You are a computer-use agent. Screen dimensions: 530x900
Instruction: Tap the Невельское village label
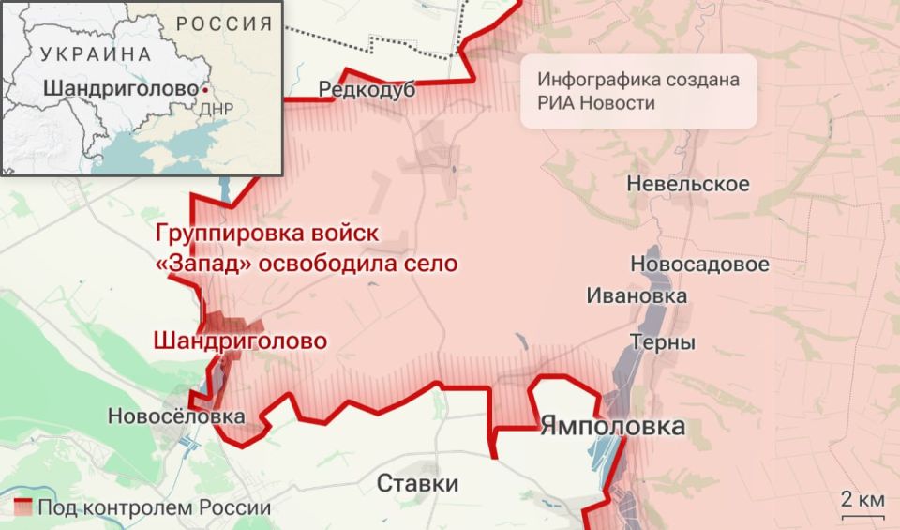click(x=688, y=184)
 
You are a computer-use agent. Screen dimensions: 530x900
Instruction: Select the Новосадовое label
click(x=699, y=265)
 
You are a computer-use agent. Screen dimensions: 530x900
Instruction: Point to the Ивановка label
click(x=637, y=295)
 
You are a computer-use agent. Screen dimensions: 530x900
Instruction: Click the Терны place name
click(x=662, y=342)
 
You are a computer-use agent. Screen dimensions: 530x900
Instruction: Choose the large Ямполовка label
click(x=612, y=427)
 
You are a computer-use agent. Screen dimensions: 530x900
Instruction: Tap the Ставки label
click(x=418, y=484)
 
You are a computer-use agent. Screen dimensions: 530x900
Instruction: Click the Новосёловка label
click(x=176, y=416)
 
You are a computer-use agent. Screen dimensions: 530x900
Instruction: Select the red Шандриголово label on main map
click(x=241, y=341)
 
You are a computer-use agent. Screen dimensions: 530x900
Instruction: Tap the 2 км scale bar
click(x=862, y=515)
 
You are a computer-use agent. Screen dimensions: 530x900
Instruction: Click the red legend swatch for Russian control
click(x=23, y=507)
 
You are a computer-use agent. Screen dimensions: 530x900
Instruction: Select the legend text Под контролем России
click(x=155, y=507)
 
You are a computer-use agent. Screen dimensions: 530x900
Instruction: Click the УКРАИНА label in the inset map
click(x=95, y=54)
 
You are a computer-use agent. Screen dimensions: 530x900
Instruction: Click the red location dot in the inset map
click(x=204, y=91)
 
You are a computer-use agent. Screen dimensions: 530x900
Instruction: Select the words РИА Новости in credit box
click(x=597, y=102)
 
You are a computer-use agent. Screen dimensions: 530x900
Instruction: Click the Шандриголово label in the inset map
click(x=120, y=90)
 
